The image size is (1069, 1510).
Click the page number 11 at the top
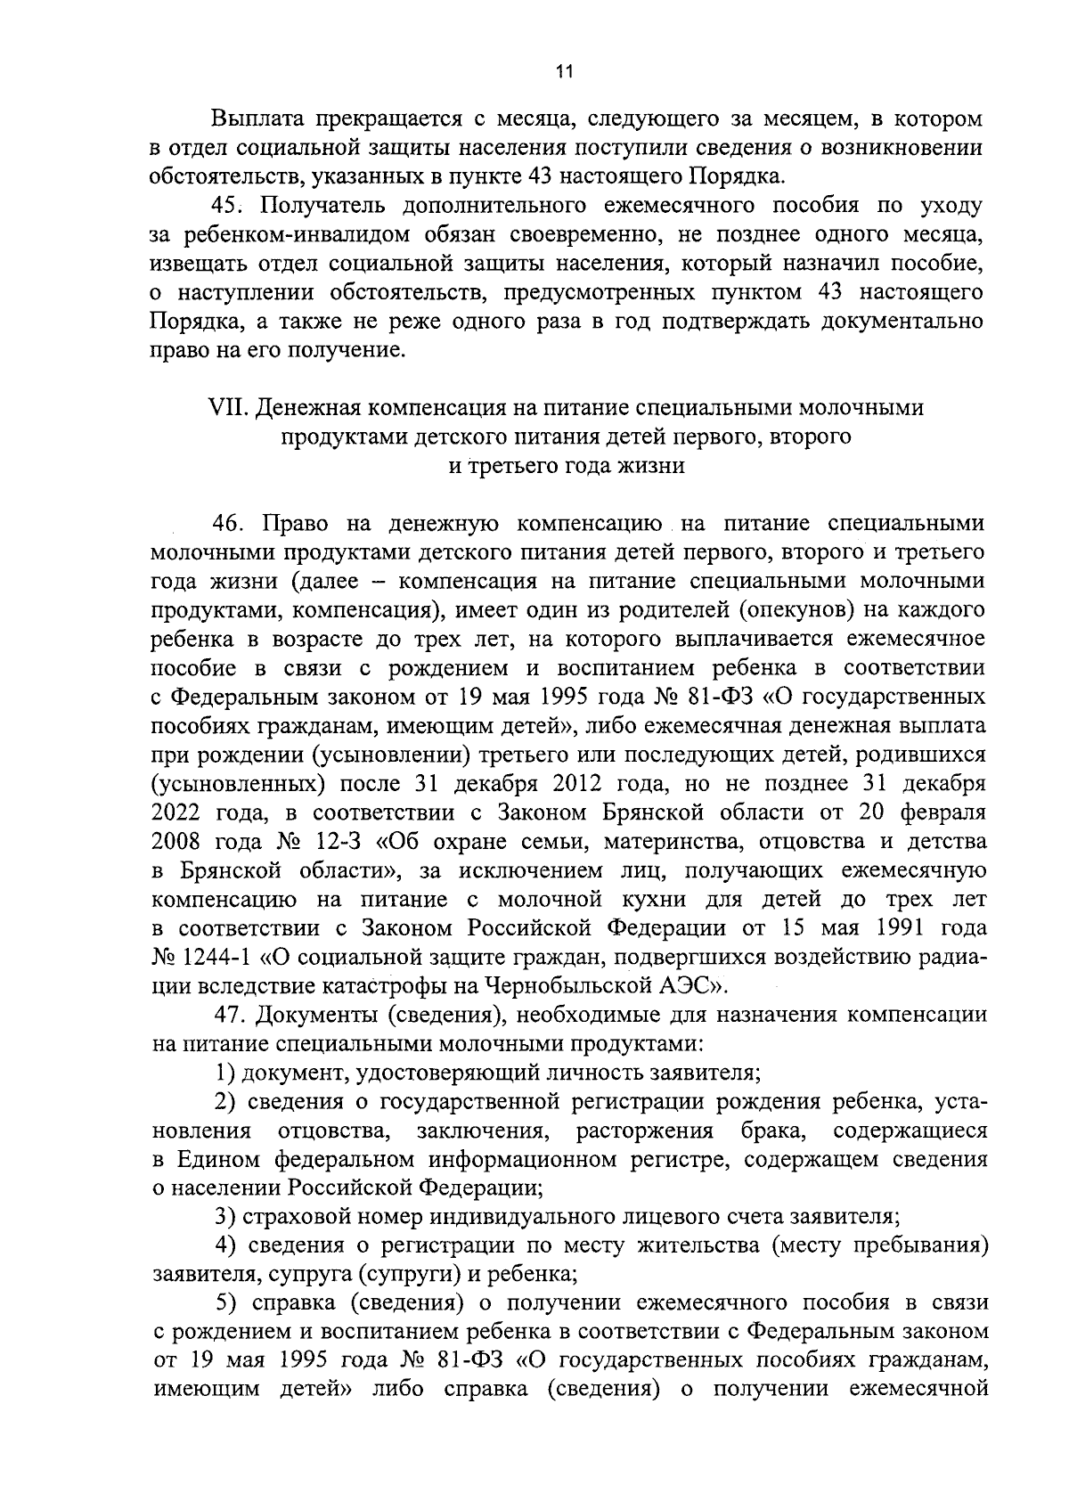tap(561, 73)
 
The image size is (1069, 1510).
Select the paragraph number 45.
tap(227, 206)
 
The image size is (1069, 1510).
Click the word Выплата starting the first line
tap(257, 118)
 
